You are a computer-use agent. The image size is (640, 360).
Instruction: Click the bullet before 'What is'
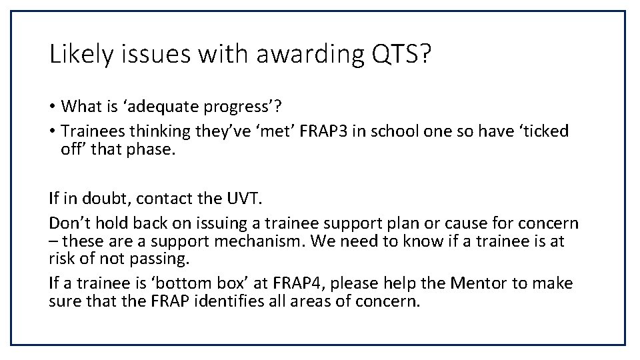[x=53, y=107]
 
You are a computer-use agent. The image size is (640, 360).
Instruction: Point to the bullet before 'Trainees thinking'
[x=53, y=131]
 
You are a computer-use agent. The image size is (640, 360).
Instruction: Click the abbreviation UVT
[x=235, y=198]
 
